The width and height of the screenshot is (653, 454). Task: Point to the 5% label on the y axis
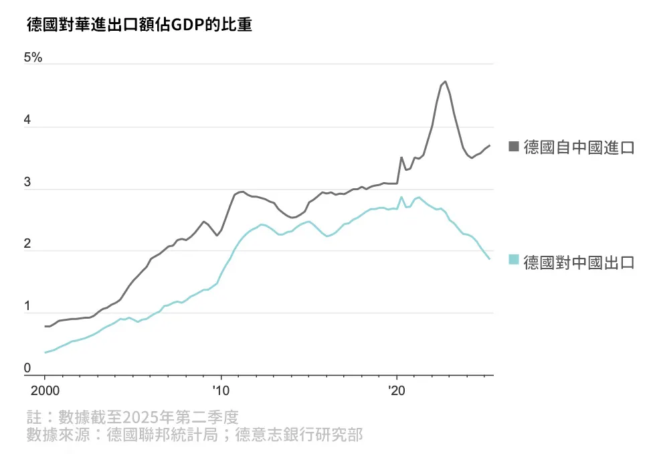pyautogui.click(x=33, y=58)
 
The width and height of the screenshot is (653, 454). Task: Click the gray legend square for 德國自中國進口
pyautogui.click(x=514, y=147)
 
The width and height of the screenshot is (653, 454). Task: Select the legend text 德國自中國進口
pyautogui.click(x=579, y=147)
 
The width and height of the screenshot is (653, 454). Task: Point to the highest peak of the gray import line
pyautogui.click(x=446, y=82)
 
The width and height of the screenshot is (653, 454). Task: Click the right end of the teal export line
pyautogui.click(x=490, y=259)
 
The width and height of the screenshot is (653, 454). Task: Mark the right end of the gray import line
pyautogui.click(x=490, y=145)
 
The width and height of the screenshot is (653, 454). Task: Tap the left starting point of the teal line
pyautogui.click(x=45, y=352)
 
